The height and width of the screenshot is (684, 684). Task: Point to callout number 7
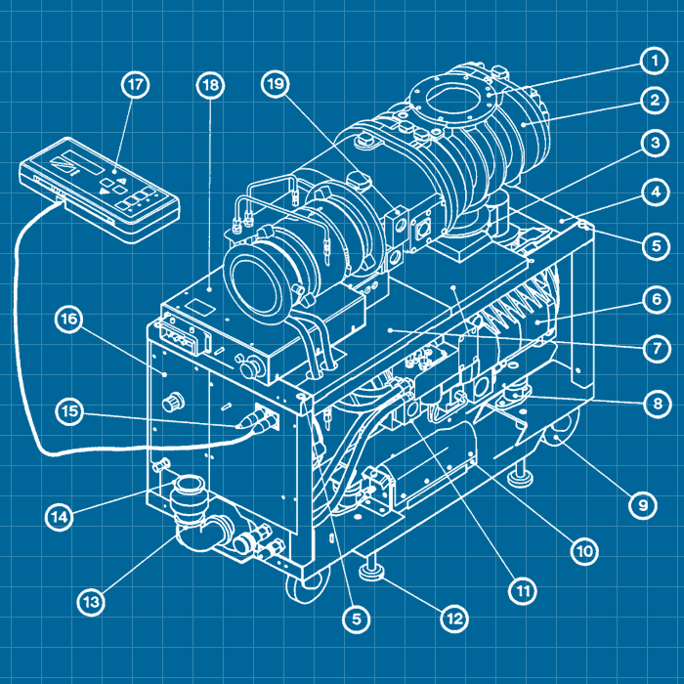(647, 347)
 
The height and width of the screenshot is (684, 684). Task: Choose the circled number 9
(641, 504)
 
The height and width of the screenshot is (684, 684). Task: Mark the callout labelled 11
(523, 590)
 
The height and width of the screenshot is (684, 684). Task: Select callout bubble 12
(453, 619)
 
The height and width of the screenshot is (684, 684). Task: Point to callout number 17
(136, 85)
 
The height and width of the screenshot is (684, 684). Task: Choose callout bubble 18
(209, 85)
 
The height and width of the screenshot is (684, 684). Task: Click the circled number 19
(277, 85)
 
